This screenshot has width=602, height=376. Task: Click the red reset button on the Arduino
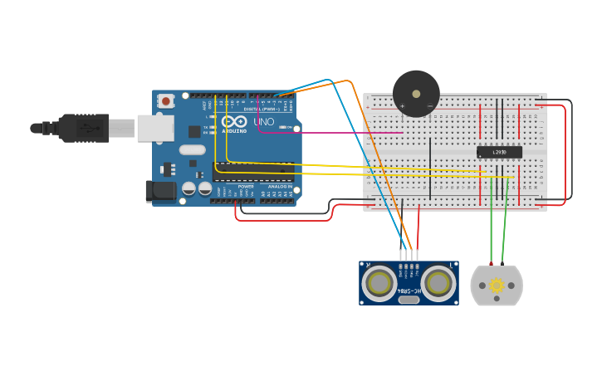pyautogui.click(x=166, y=101)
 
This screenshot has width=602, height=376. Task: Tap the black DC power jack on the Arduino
pyautogui.click(x=160, y=191)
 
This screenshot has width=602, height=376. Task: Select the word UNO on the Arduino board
pyautogui.click(x=263, y=122)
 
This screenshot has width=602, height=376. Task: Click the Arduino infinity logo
pyautogui.click(x=233, y=122)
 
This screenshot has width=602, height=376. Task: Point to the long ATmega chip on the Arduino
pyautogui.click(x=253, y=173)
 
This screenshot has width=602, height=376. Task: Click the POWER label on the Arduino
pyautogui.click(x=246, y=187)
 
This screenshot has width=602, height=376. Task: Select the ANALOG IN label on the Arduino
pyautogui.click(x=277, y=187)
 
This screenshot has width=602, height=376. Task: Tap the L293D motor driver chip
pyautogui.click(x=499, y=151)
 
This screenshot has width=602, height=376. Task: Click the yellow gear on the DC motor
pyautogui.click(x=497, y=286)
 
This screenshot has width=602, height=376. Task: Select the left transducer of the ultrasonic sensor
pyautogui.click(x=379, y=283)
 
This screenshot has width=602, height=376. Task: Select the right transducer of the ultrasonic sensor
pyautogui.click(x=438, y=283)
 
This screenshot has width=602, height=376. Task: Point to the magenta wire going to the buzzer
pyautogui.click(x=332, y=133)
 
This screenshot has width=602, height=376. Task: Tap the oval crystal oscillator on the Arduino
pyautogui.click(x=191, y=150)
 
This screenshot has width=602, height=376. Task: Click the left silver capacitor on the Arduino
pyautogui.click(x=188, y=189)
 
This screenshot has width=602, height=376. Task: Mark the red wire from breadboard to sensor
pyautogui.click(x=418, y=228)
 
